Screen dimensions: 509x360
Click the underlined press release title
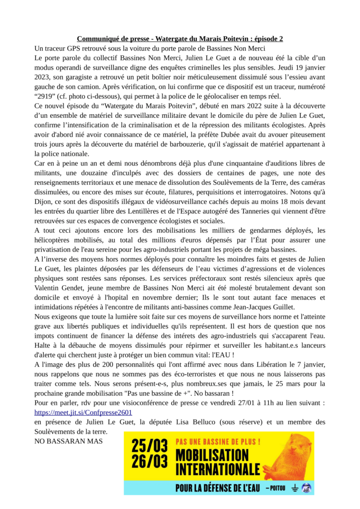(x=180, y=39)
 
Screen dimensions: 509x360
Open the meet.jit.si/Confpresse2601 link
(x=83, y=412)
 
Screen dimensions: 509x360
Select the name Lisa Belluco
(x=216, y=422)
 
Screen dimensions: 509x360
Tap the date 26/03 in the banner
(x=148, y=462)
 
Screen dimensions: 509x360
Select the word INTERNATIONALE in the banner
(x=218, y=469)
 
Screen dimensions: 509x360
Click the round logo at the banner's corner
(x=307, y=488)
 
